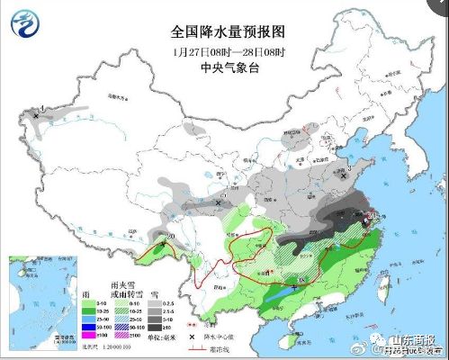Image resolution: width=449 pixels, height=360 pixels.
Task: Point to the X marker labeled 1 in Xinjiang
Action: [x=36, y=116]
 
